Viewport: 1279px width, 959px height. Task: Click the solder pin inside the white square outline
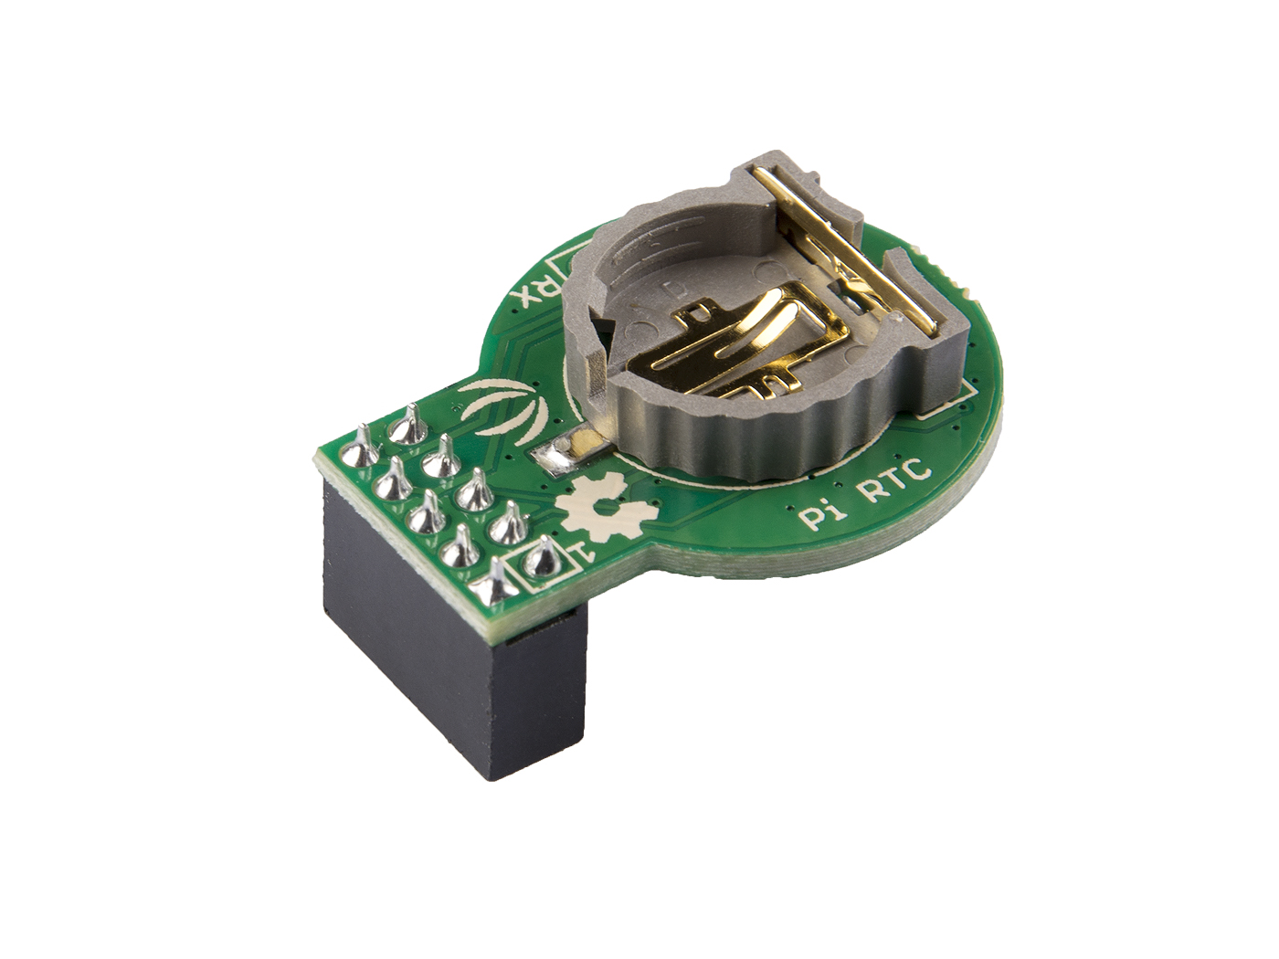tap(541, 558)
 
